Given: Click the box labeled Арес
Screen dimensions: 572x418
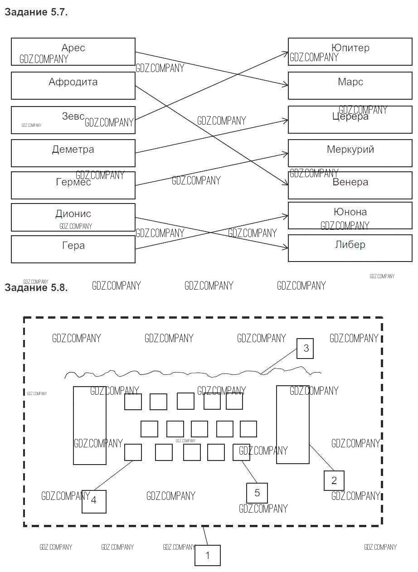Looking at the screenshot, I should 73,52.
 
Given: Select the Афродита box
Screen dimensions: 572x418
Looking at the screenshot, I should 73,86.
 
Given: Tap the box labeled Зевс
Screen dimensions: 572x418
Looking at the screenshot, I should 73,120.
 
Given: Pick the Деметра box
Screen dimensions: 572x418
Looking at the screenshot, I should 73,153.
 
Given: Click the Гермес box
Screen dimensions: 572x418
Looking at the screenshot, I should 73,185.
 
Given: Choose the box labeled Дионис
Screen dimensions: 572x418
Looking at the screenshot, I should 73,217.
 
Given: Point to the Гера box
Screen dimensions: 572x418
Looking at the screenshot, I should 73,249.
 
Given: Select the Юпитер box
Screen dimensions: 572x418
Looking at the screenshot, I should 350,52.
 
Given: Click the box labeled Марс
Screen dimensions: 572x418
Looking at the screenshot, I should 350,86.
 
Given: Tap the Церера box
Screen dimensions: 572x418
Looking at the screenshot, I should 350,120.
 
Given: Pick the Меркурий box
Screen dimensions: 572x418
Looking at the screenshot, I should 350,153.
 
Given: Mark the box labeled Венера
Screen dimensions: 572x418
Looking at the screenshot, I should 350,185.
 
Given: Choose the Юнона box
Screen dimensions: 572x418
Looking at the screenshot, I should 350,216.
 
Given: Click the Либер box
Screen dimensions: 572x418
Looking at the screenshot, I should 350,248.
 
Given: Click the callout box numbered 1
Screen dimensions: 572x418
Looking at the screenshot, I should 208,555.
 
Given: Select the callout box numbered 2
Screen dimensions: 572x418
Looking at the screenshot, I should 334,480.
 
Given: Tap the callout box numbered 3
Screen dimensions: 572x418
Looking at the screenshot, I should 305,348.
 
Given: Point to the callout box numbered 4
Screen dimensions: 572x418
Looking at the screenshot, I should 94,501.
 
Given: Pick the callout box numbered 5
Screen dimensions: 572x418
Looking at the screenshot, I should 257,493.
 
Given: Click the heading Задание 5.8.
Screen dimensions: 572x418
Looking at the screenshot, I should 36,288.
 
